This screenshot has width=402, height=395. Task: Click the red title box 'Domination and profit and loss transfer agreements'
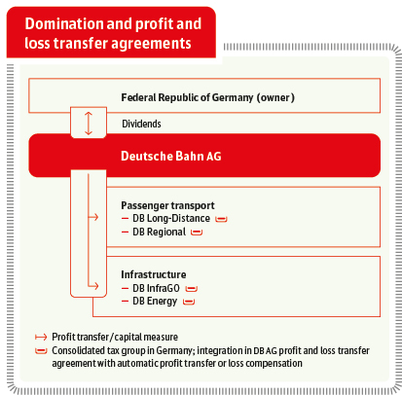point(111,32)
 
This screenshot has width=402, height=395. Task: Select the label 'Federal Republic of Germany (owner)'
point(207,97)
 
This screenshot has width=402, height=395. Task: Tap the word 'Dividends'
point(141,124)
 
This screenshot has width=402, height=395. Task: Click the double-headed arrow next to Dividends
point(89,124)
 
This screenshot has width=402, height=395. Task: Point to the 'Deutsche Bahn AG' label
point(171,156)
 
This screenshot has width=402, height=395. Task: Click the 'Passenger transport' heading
point(167,205)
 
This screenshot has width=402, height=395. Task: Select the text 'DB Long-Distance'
point(171,218)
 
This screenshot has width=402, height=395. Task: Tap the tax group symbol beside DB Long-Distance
point(221,220)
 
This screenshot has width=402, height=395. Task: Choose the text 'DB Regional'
point(160,232)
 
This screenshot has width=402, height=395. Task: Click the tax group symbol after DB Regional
point(197,233)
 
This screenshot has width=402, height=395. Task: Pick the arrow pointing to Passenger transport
point(93,217)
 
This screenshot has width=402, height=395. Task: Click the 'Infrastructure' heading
point(154,274)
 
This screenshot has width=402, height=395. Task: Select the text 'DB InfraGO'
point(156,288)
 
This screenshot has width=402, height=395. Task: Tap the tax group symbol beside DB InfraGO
point(191,288)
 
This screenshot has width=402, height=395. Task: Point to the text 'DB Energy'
point(155,302)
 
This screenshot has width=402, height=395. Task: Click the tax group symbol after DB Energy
point(189,302)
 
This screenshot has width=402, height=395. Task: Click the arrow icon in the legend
point(41,338)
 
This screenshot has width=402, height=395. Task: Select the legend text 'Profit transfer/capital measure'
point(115,338)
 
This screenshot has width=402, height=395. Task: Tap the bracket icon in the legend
point(41,351)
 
